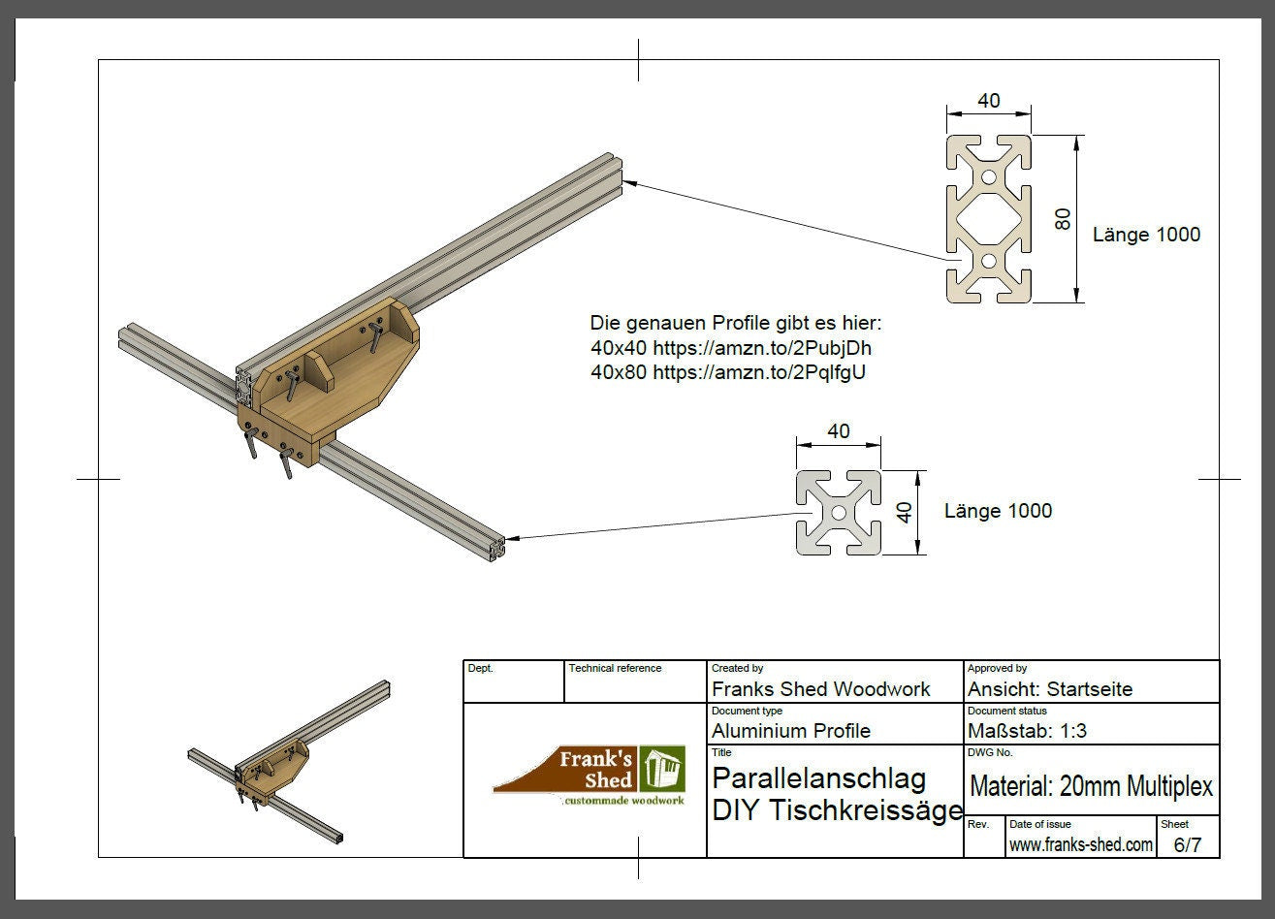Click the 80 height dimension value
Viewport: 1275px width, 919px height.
click(x=1063, y=219)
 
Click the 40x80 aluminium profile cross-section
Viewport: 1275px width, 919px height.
click(x=988, y=219)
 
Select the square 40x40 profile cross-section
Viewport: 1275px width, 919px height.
click(x=839, y=513)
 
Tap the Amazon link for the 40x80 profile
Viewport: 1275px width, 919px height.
click(x=758, y=372)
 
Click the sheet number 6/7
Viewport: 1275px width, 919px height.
click(x=1187, y=844)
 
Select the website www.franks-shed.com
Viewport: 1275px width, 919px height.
click(x=1080, y=844)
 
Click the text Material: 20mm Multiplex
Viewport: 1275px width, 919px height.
click(x=1091, y=786)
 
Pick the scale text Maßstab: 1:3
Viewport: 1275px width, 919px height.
click(x=1027, y=731)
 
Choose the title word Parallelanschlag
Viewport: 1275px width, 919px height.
click(x=818, y=778)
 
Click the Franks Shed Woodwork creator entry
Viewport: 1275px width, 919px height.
click(x=820, y=689)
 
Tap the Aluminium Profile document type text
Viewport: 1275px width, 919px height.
click(x=790, y=731)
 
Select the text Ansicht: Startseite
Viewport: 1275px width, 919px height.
click(x=1049, y=689)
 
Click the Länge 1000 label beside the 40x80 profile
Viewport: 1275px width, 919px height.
click(x=1146, y=235)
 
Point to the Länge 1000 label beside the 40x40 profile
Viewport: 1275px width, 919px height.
click(x=998, y=511)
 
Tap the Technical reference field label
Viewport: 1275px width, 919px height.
click(x=615, y=668)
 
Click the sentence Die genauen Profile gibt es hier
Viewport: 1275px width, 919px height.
click(x=736, y=323)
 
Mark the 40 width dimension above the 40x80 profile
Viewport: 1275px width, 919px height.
click(x=988, y=101)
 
